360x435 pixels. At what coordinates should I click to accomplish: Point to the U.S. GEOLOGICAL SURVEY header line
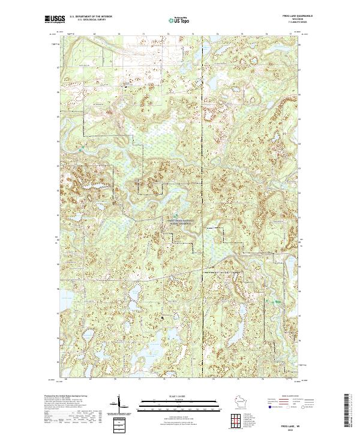tap(91, 20)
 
